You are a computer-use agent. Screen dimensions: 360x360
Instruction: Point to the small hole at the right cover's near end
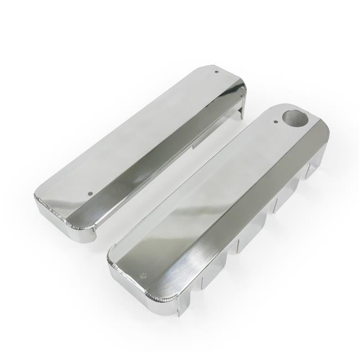pyautogui.click(x=143, y=275)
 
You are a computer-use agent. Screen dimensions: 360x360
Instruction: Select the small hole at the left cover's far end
pyautogui.click(x=216, y=71)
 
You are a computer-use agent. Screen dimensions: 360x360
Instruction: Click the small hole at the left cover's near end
pyautogui.click(x=90, y=194)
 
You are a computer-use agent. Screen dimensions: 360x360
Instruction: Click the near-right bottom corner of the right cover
pyautogui.click(x=178, y=311)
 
